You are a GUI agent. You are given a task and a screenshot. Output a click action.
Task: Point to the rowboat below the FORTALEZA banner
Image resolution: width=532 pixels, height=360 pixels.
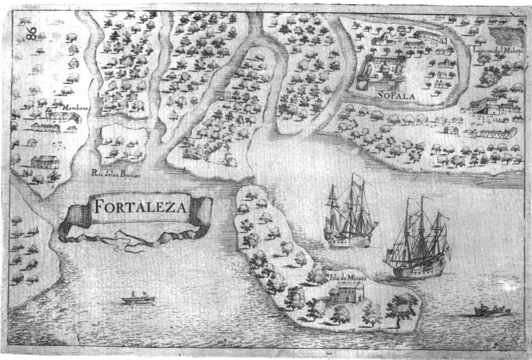point(139,299)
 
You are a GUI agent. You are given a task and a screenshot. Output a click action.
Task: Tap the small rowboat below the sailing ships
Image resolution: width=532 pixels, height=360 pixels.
point(492,310)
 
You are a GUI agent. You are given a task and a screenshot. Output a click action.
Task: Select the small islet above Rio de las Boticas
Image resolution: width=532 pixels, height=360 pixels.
point(121,144)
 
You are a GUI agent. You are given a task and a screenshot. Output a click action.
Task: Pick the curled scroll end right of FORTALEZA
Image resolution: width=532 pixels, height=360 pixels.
point(201,214)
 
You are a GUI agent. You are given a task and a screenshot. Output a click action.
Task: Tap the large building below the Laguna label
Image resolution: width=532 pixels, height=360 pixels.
point(491,106)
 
